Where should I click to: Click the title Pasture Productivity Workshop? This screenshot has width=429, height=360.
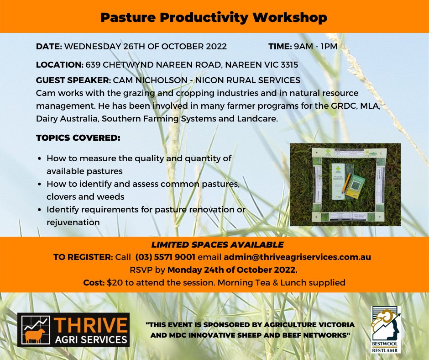(x=214, y=17)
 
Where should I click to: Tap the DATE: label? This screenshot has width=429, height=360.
(x=49, y=47)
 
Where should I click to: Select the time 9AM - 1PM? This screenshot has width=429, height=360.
(x=315, y=47)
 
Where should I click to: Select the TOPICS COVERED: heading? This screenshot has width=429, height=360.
(x=78, y=137)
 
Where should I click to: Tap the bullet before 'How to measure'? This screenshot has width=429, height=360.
(x=40, y=159)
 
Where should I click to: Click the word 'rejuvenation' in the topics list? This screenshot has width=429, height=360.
(x=73, y=222)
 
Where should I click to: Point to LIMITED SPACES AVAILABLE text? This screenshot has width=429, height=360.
(x=214, y=244)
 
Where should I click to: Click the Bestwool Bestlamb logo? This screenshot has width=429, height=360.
(x=385, y=329)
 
